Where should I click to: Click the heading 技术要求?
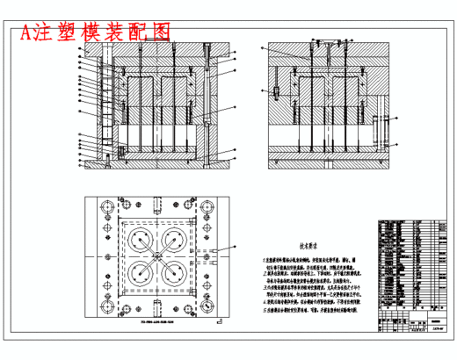(x=311, y=248)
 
